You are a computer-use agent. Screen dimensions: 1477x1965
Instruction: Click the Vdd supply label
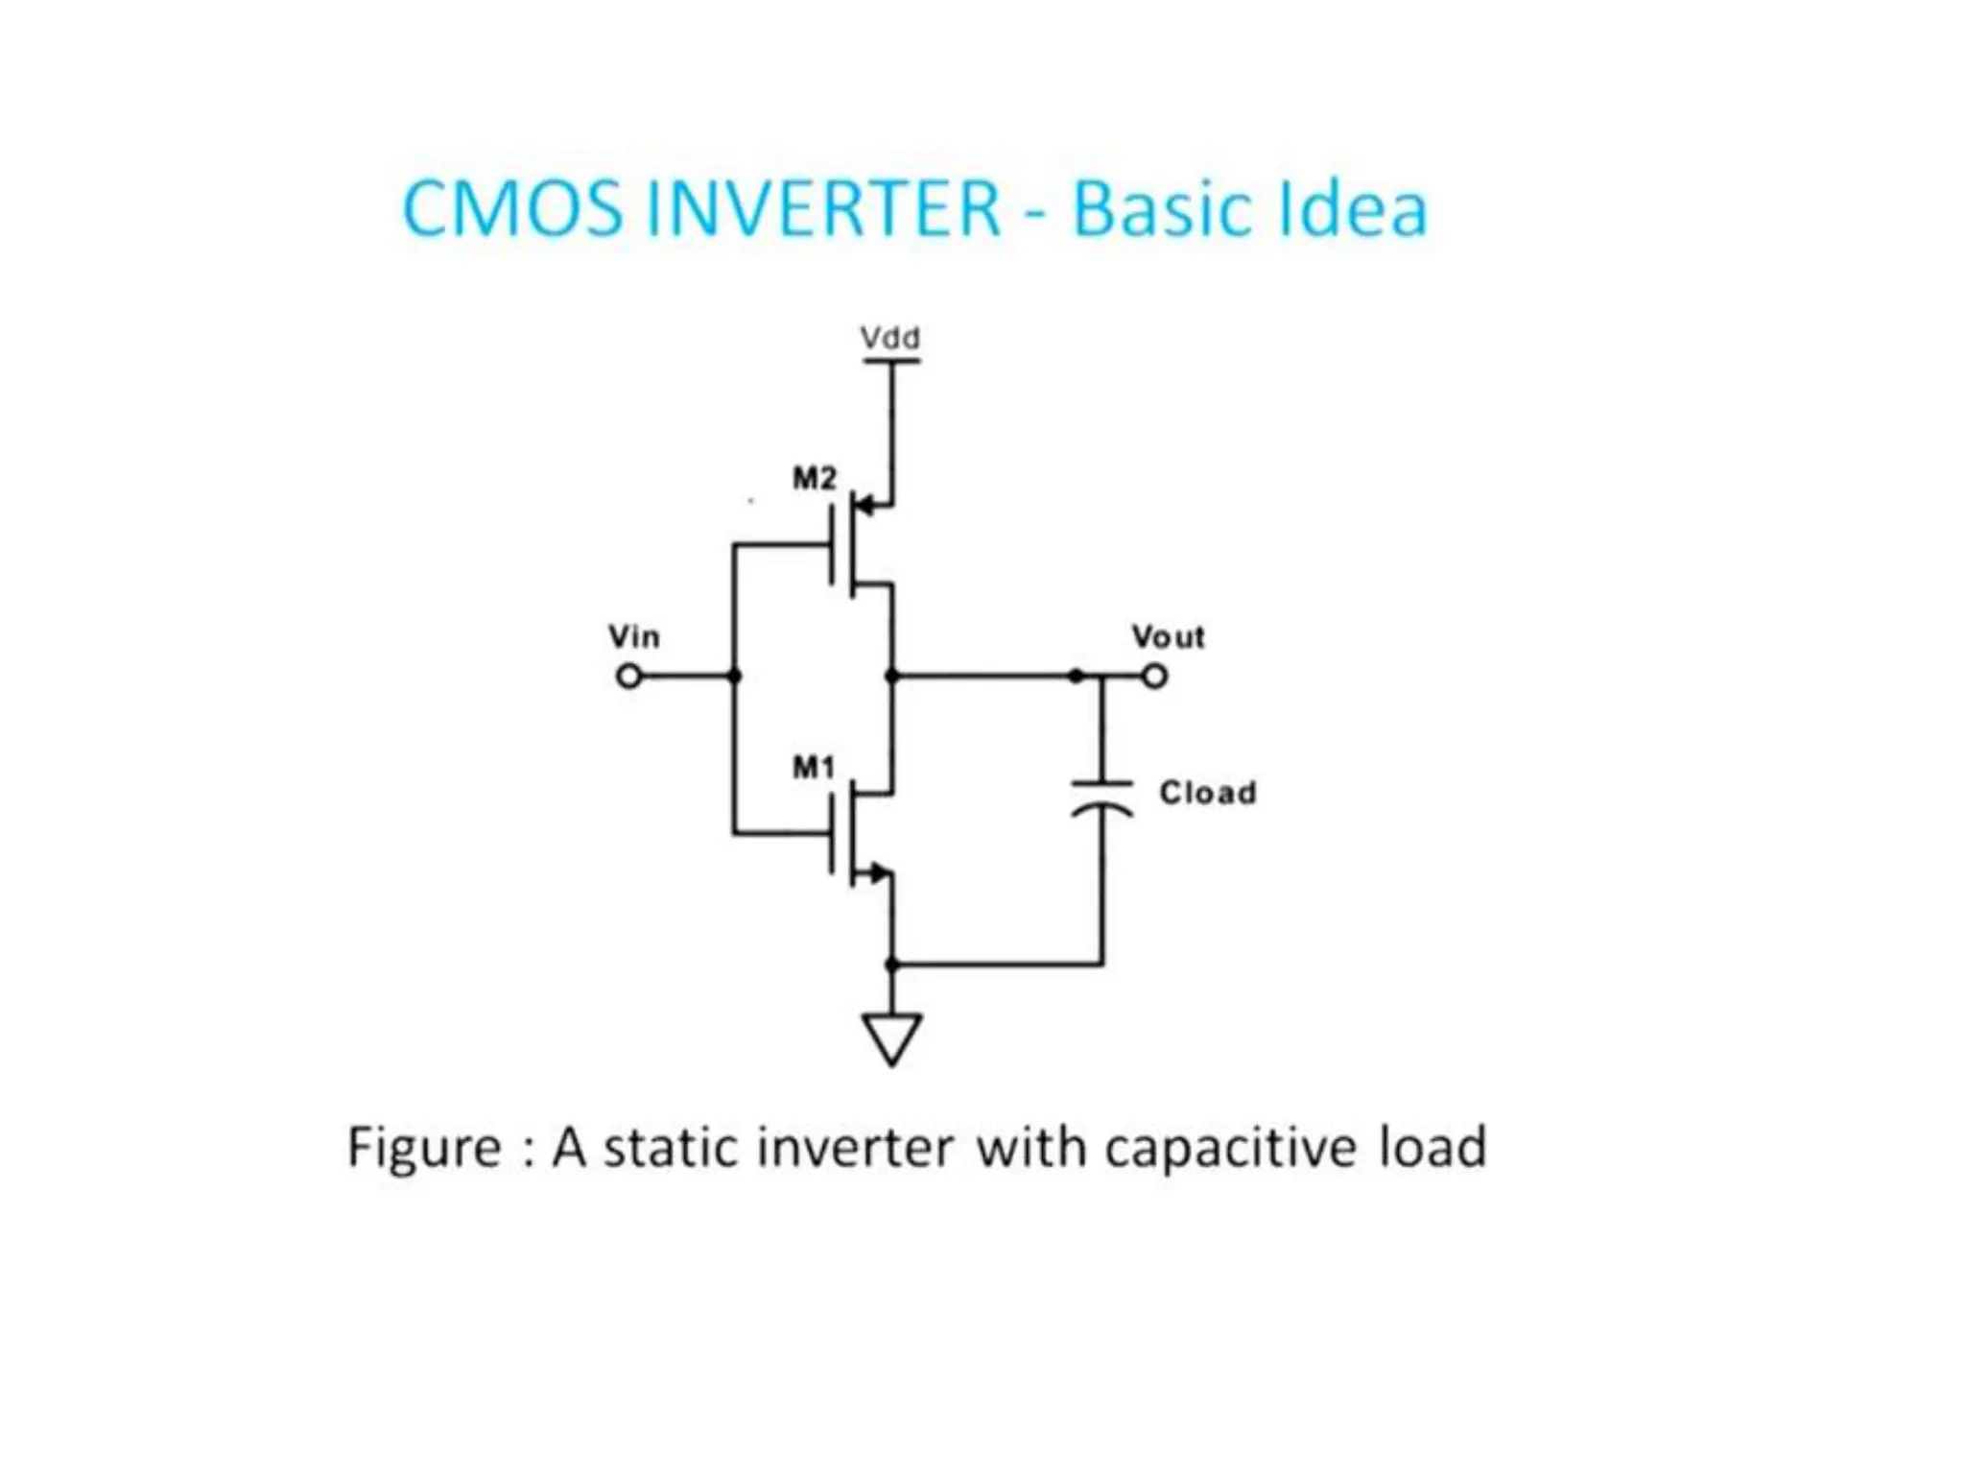(x=889, y=338)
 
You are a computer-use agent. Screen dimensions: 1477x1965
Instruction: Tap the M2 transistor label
(x=814, y=477)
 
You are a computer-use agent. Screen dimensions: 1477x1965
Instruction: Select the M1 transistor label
(x=813, y=767)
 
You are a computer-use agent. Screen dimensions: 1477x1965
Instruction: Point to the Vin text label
(x=634, y=636)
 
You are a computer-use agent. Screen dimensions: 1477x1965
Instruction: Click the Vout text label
(x=1168, y=636)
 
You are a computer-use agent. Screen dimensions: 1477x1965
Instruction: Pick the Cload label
(x=1208, y=793)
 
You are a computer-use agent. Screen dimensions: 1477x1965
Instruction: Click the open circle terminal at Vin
(x=628, y=677)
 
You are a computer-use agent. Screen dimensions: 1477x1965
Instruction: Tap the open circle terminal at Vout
(x=1155, y=677)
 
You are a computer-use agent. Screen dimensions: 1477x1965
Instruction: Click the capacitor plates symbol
(x=1102, y=798)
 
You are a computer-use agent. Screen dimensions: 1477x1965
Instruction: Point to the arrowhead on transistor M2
(x=864, y=504)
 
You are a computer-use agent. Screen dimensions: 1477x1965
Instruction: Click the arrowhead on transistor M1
(x=878, y=873)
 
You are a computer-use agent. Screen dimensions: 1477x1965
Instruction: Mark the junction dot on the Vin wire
(x=735, y=677)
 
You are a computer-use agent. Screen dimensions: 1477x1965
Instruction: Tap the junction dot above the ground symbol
(x=892, y=964)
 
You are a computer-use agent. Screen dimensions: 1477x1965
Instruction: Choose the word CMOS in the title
(x=512, y=208)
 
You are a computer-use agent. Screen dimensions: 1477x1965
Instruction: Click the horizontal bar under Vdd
(x=891, y=361)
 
